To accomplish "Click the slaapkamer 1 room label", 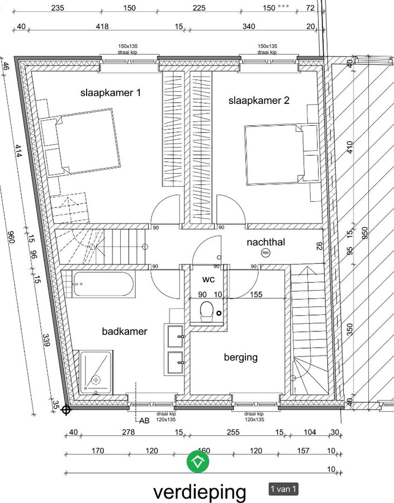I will pos(110,93).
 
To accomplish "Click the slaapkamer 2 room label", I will pos(259,101).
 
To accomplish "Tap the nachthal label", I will pos(271,243).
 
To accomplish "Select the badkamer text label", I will pos(125,331).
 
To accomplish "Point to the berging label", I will pos(241,357).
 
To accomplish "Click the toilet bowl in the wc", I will pos(206,310).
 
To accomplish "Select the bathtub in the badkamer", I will pos(103,285).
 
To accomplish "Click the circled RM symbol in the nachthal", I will pos(265,253).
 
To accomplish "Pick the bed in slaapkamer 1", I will pos(81,143).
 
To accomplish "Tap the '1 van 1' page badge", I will pos(283,489).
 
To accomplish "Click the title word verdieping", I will pos(200,492).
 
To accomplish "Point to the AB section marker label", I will pos(144,420).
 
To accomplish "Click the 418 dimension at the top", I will pos(102,26).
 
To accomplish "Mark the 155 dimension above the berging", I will pos(256,295).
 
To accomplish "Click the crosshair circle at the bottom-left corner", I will pos(66,410).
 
